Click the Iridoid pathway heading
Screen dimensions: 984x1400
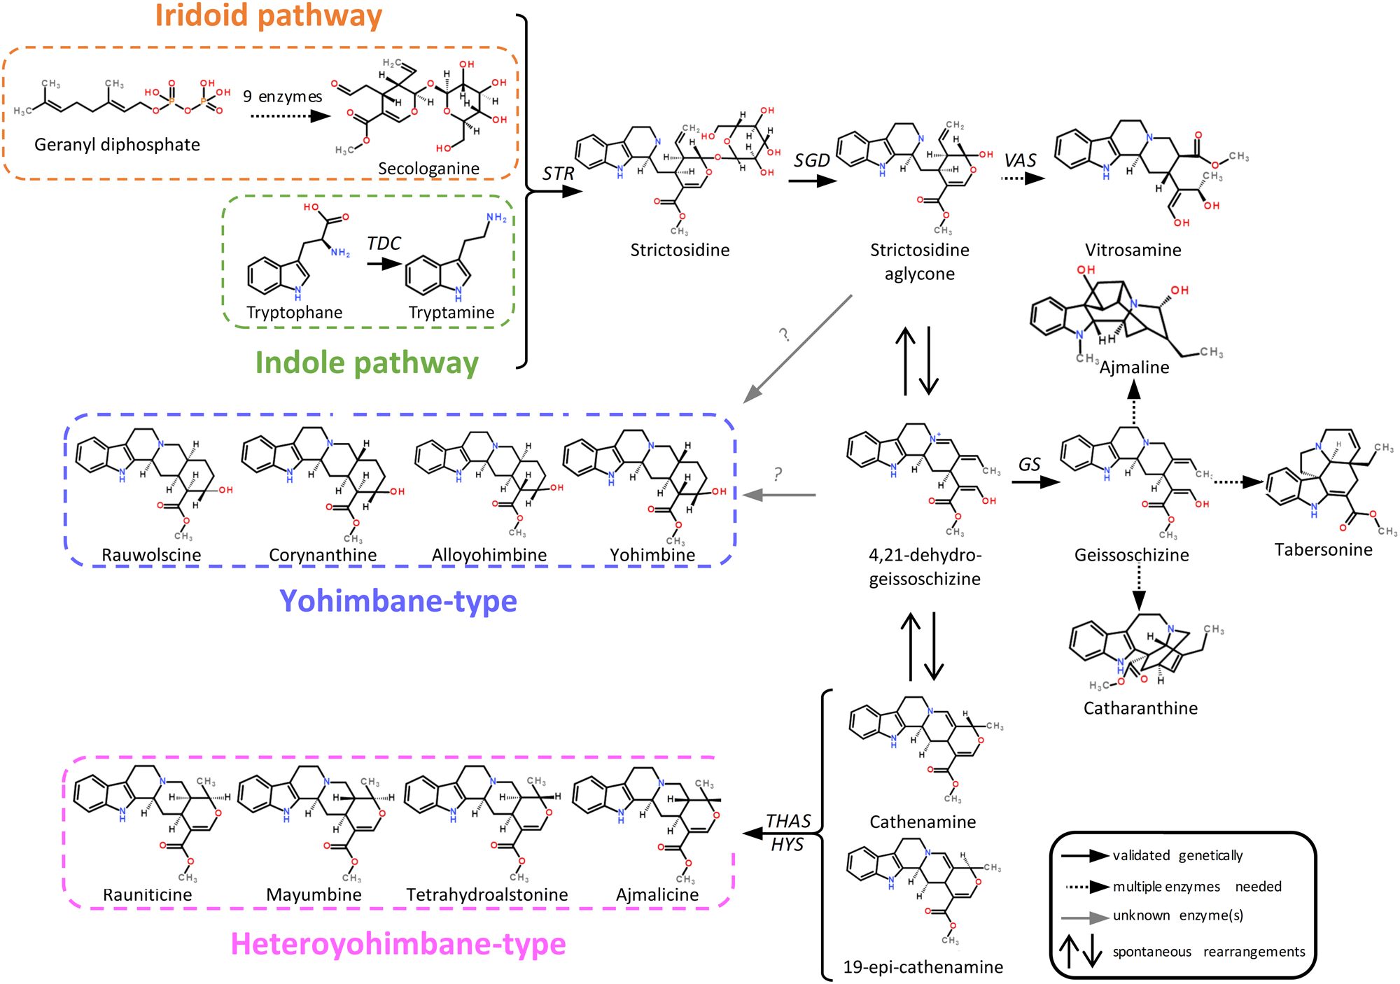(268, 15)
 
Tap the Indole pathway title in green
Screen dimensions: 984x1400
(367, 363)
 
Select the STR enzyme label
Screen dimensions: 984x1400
(558, 174)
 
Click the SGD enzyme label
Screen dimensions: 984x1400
(811, 161)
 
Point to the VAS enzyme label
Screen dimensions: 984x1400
(1020, 161)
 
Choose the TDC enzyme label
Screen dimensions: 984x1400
(384, 244)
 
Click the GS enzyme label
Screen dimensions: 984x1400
(1029, 465)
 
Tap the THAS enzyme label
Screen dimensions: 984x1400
(788, 821)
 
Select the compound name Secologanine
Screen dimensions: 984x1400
(428, 169)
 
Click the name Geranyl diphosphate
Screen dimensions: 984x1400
(117, 145)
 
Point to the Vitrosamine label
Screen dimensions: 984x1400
(1133, 250)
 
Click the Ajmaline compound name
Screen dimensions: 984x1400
(1134, 367)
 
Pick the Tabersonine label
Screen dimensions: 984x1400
(1323, 549)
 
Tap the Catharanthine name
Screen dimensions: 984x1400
(1140, 708)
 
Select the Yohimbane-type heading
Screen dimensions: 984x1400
(398, 601)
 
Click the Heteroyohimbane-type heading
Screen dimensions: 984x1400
(398, 944)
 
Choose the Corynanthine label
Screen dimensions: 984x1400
(323, 555)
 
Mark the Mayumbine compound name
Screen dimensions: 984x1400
(314, 894)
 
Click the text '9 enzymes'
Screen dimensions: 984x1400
(283, 97)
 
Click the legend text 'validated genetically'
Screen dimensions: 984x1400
(1177, 855)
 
